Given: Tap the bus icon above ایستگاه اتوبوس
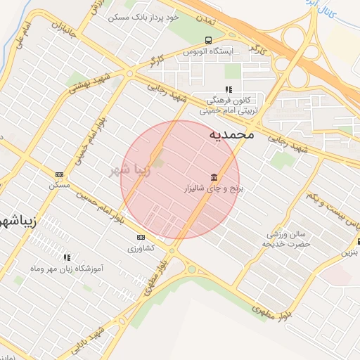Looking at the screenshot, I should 207,40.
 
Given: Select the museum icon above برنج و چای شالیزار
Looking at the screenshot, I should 213,176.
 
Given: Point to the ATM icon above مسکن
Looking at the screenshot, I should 59,174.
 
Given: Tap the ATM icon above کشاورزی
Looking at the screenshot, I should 141,237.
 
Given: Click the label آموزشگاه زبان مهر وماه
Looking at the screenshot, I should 68,269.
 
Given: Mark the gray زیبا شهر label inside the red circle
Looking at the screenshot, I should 131,169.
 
